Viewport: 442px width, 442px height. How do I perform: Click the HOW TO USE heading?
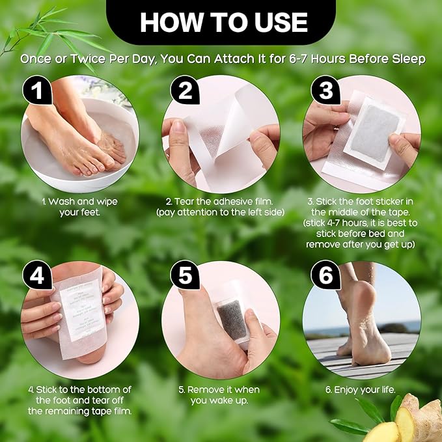(x=223, y=22)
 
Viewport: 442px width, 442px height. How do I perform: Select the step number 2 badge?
(x=185, y=92)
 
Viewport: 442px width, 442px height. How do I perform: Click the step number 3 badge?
(x=325, y=92)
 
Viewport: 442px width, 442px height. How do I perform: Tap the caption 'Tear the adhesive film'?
(x=221, y=202)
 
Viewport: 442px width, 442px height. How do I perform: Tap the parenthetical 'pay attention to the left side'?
(x=221, y=213)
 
